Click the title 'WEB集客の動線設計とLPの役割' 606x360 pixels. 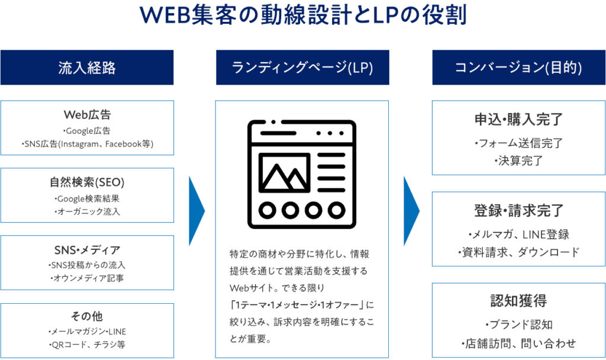point(302,15)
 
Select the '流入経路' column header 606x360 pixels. point(87,67)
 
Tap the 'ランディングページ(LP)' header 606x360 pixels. point(302,67)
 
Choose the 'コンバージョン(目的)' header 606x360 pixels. point(518,67)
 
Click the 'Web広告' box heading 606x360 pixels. point(87,115)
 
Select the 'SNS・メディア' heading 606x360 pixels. point(87,250)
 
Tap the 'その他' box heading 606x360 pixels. point(87,316)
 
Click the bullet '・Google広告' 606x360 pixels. point(86,131)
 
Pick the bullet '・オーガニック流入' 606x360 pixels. point(87,211)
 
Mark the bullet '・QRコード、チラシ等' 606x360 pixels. point(87,345)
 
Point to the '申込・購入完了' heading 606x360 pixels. point(518,120)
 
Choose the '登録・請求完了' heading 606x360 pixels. point(518,211)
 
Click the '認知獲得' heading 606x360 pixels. point(518,301)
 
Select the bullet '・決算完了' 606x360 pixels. point(518,160)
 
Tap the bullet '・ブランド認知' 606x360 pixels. point(518,324)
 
